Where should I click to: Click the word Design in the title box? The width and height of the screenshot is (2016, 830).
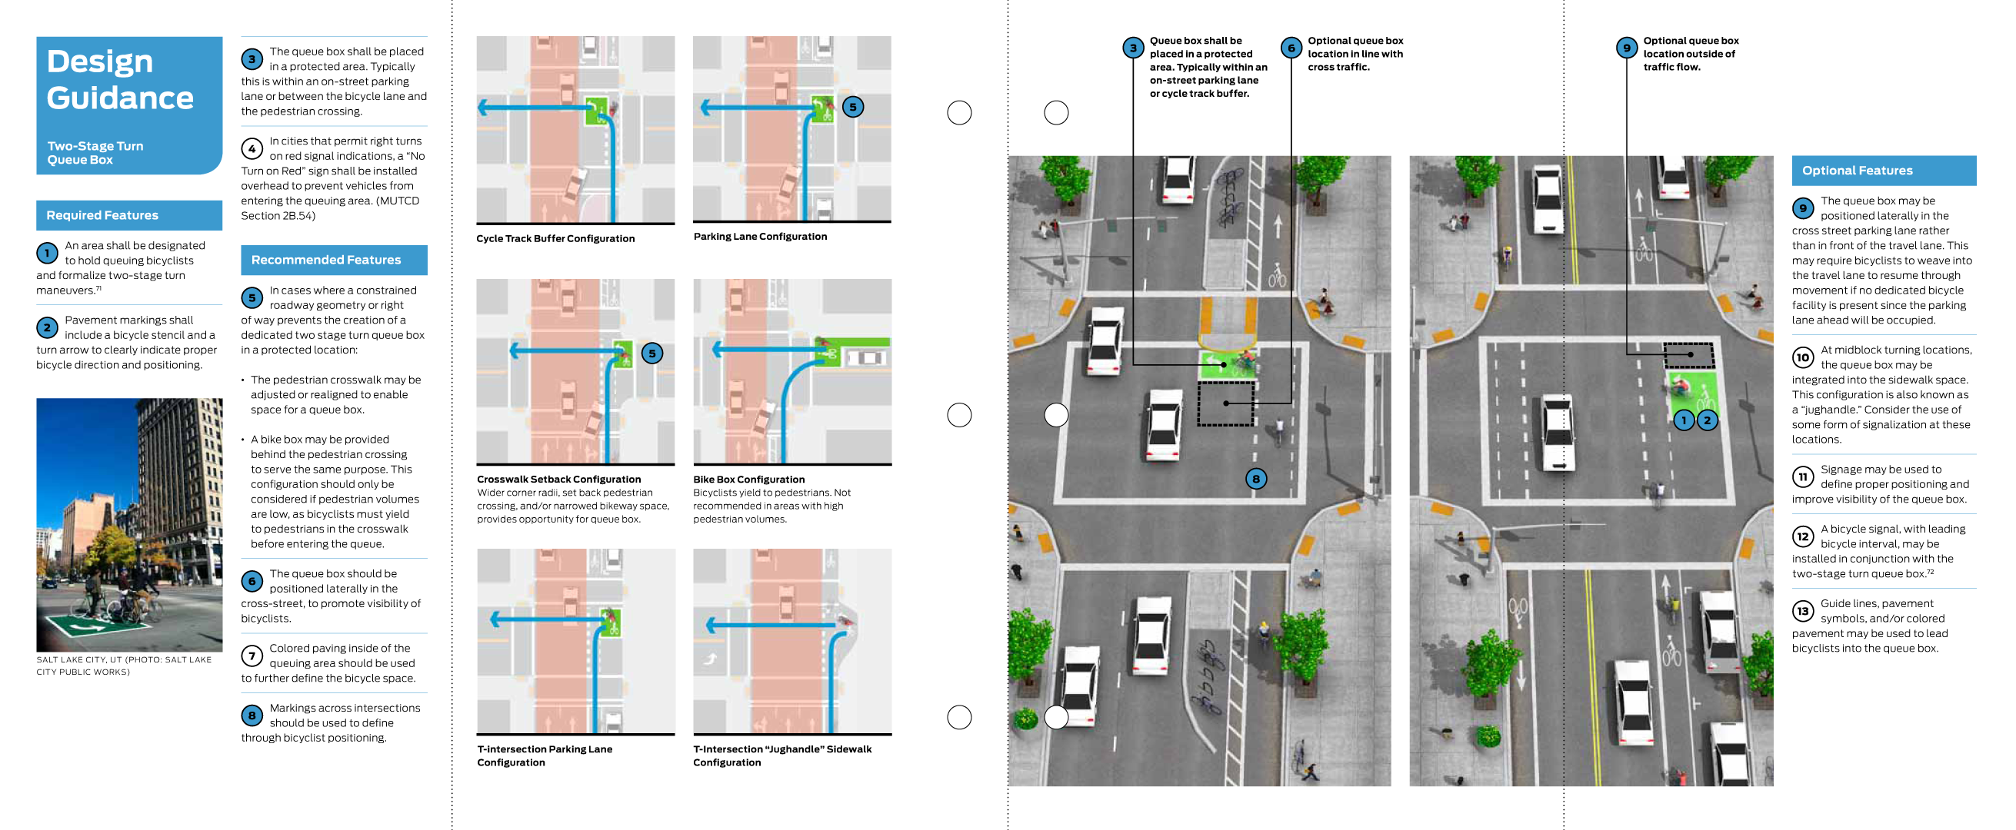pyautogui.click(x=99, y=61)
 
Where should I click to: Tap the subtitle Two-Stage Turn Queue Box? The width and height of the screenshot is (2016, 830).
pyautogui.click(x=95, y=152)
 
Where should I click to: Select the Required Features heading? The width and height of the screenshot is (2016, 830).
pyautogui.click(x=102, y=215)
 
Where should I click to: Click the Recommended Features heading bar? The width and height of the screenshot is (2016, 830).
pyautogui.click(x=325, y=260)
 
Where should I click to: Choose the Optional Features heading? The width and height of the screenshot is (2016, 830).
pyautogui.click(x=1856, y=171)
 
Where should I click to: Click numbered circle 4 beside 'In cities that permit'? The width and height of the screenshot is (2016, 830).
pyautogui.click(x=252, y=148)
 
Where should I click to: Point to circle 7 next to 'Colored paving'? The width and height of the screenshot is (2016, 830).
pyautogui.click(x=252, y=656)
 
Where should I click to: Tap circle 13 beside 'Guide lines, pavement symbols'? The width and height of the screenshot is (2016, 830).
pyautogui.click(x=1802, y=611)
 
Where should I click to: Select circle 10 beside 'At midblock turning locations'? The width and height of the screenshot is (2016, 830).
pyautogui.click(x=1802, y=357)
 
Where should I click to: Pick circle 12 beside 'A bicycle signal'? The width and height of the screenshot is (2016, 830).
pyautogui.click(x=1802, y=536)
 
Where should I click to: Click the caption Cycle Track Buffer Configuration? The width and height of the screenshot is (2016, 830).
pyautogui.click(x=555, y=238)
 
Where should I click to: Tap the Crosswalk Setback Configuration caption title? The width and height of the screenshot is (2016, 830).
pyautogui.click(x=558, y=480)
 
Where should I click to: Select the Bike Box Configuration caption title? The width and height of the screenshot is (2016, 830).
pyautogui.click(x=748, y=480)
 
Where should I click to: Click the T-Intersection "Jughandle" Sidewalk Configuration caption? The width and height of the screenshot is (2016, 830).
pyautogui.click(x=781, y=755)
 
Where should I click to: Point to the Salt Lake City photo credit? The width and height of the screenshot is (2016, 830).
pyautogui.click(x=123, y=666)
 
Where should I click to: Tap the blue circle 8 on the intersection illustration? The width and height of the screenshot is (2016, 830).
pyautogui.click(x=1255, y=479)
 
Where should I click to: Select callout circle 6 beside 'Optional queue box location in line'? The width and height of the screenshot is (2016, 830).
pyautogui.click(x=1291, y=48)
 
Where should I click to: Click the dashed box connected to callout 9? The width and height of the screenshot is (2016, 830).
pyautogui.click(x=1688, y=355)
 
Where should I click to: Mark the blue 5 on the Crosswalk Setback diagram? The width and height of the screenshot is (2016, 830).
pyautogui.click(x=652, y=354)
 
